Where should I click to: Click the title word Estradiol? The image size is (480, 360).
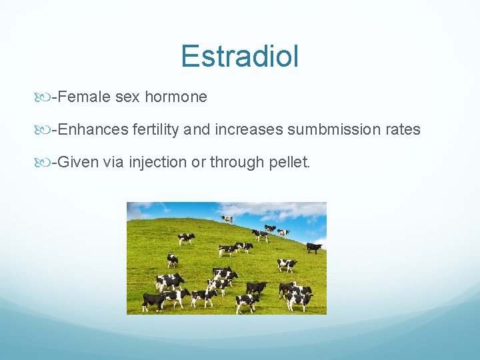pyautogui.click(x=239, y=57)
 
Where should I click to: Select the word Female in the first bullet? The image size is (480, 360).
pyautogui.click(x=84, y=97)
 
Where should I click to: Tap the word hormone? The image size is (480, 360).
pyautogui.click(x=175, y=97)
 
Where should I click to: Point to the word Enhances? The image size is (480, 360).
pyautogui.click(x=93, y=129)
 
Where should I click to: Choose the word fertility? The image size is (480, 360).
pyautogui.click(x=155, y=129)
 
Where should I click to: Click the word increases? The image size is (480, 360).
pyautogui.click(x=248, y=129)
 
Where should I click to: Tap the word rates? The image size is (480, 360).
pyautogui.click(x=403, y=129)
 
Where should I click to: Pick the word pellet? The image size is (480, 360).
pyautogui.click(x=289, y=162)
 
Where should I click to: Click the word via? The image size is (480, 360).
pyautogui.click(x=113, y=162)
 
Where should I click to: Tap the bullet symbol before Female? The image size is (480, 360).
pyautogui.click(x=45, y=98)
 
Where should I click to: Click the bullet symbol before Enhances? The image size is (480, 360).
pyautogui.click(x=45, y=130)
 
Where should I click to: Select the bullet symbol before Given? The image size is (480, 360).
pyautogui.click(x=45, y=163)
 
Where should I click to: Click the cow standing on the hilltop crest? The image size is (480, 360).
pyautogui.click(x=227, y=219)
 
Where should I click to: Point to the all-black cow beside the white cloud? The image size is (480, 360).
pyautogui.click(x=313, y=247)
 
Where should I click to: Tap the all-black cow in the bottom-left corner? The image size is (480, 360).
pyautogui.click(x=153, y=302)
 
